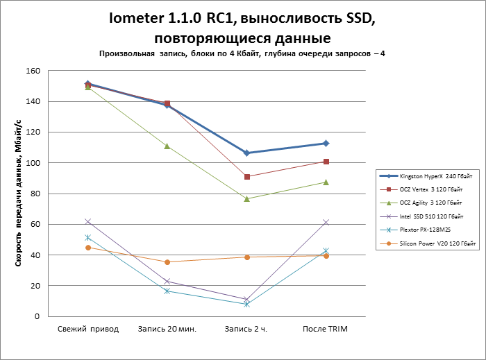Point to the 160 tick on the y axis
[33, 71]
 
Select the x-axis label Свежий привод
[87, 329]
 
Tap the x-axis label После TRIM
[326, 329]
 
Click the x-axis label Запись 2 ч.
[246, 329]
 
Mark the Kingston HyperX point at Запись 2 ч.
[246, 153]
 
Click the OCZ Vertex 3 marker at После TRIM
[326, 162]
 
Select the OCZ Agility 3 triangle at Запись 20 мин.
[167, 146]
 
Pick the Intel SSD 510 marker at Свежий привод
[87, 221]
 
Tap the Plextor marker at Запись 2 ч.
[246, 304]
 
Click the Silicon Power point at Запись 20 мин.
[167, 262]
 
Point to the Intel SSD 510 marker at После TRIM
[326, 222]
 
